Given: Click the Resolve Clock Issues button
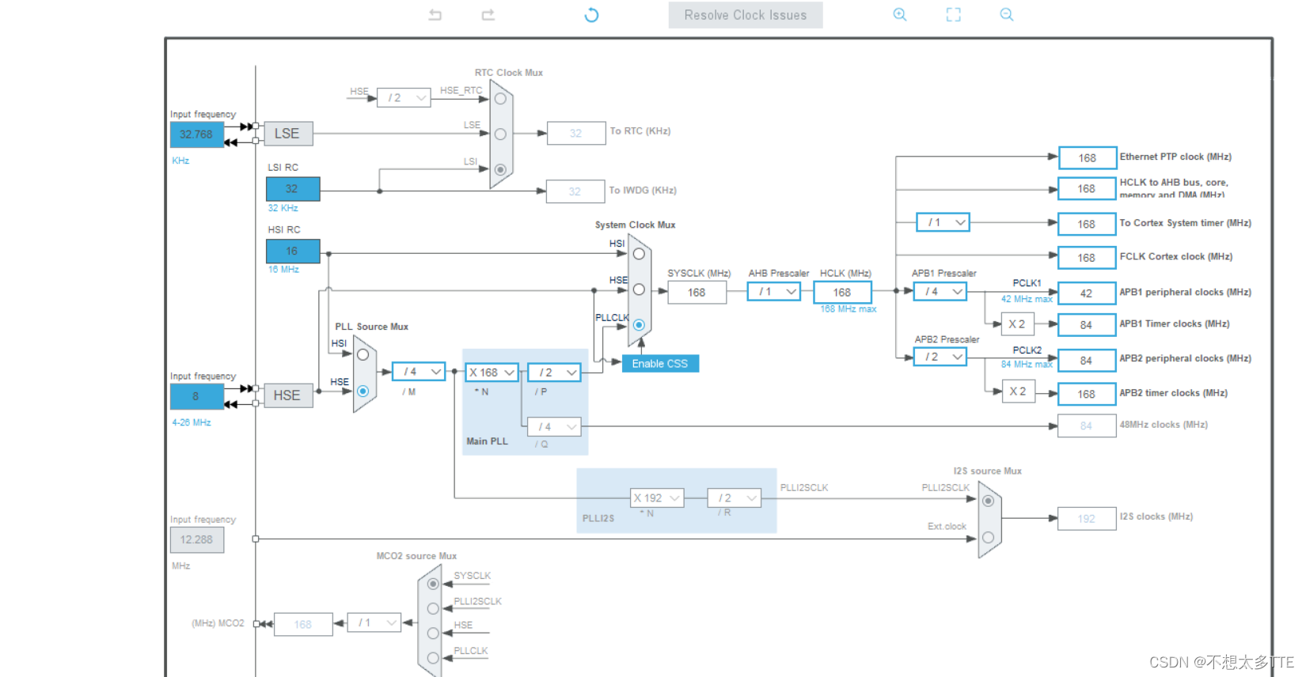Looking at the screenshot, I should pyautogui.click(x=745, y=15).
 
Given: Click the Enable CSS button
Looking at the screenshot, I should pyautogui.click(x=659, y=364).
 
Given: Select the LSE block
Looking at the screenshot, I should pyautogui.click(x=287, y=134).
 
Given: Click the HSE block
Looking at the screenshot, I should pyautogui.click(x=287, y=395).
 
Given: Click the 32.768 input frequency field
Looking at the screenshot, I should pyautogui.click(x=196, y=134).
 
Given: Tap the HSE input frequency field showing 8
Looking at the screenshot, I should pyautogui.click(x=196, y=396).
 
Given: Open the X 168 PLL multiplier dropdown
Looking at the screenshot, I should pyautogui.click(x=492, y=373).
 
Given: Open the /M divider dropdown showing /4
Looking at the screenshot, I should pyautogui.click(x=419, y=372).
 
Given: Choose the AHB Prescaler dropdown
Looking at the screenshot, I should pyautogui.click(x=773, y=292).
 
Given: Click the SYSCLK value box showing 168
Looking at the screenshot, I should pyautogui.click(x=697, y=293).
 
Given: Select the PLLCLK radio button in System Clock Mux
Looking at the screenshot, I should pyautogui.click(x=639, y=325).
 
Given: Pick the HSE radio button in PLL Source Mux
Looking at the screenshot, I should pyautogui.click(x=363, y=391).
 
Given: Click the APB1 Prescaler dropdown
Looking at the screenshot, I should pyautogui.click(x=940, y=292).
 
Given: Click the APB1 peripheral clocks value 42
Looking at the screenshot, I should pyautogui.click(x=1086, y=293).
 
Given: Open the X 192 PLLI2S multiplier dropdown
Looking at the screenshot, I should pyautogui.click(x=656, y=498).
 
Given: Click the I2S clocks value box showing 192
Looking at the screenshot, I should pyautogui.click(x=1086, y=519).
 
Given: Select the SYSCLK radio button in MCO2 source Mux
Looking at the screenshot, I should pyautogui.click(x=433, y=584).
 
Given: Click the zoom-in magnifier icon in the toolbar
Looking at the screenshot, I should pyautogui.click(x=900, y=14).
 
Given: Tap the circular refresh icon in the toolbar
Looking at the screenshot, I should pyautogui.click(x=591, y=15).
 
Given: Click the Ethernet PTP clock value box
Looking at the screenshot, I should pyautogui.click(x=1087, y=158).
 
